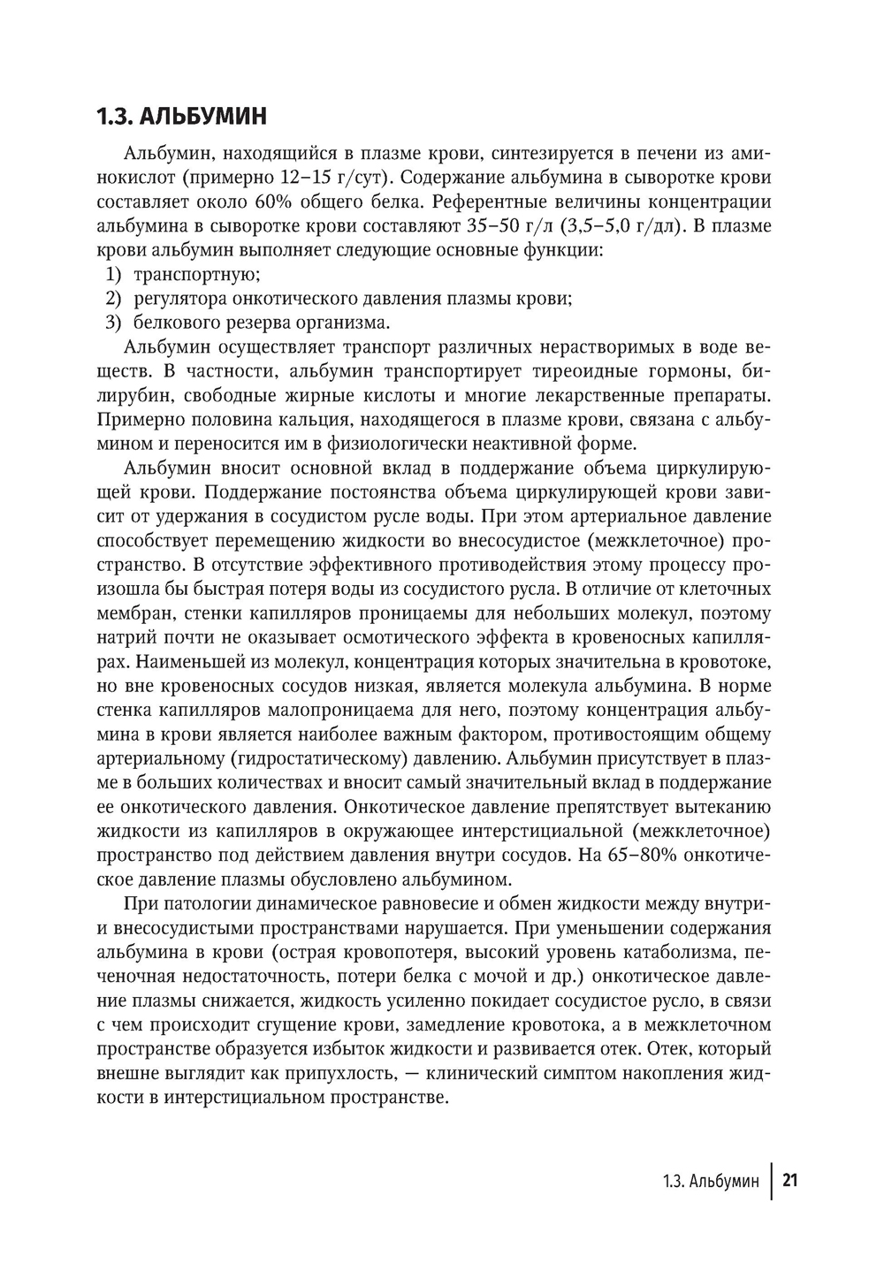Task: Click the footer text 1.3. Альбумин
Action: pyautogui.click(x=710, y=1182)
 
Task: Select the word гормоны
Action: pyautogui.click(x=688, y=370)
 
